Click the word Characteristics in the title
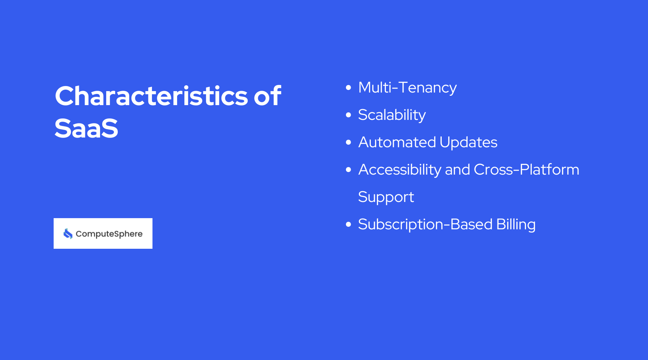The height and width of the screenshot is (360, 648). [151, 96]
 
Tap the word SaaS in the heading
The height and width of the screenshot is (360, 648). [86, 129]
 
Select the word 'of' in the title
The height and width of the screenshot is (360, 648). [267, 96]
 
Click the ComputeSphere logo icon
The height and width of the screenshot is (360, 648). [68, 234]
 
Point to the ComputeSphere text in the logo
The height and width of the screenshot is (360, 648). [109, 234]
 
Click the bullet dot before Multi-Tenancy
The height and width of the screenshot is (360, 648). [348, 87]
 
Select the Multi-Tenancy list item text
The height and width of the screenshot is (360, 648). [407, 87]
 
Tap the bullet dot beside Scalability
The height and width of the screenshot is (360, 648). [348, 115]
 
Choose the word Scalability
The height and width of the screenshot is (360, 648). [392, 115]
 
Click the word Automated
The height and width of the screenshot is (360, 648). [397, 142]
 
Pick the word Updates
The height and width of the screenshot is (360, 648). [468, 143]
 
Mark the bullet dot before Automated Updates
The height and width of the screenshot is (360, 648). [348, 142]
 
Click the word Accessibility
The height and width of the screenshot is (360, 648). [400, 170]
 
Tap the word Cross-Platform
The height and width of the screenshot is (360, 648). [526, 170]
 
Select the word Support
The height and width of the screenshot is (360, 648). [386, 197]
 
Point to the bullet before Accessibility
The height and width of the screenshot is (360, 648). [348, 170]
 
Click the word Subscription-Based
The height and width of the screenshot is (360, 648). [425, 225]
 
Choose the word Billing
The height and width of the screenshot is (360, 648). [516, 225]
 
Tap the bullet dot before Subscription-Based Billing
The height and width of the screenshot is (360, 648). [348, 224]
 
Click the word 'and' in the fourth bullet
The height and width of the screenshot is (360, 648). [458, 170]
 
